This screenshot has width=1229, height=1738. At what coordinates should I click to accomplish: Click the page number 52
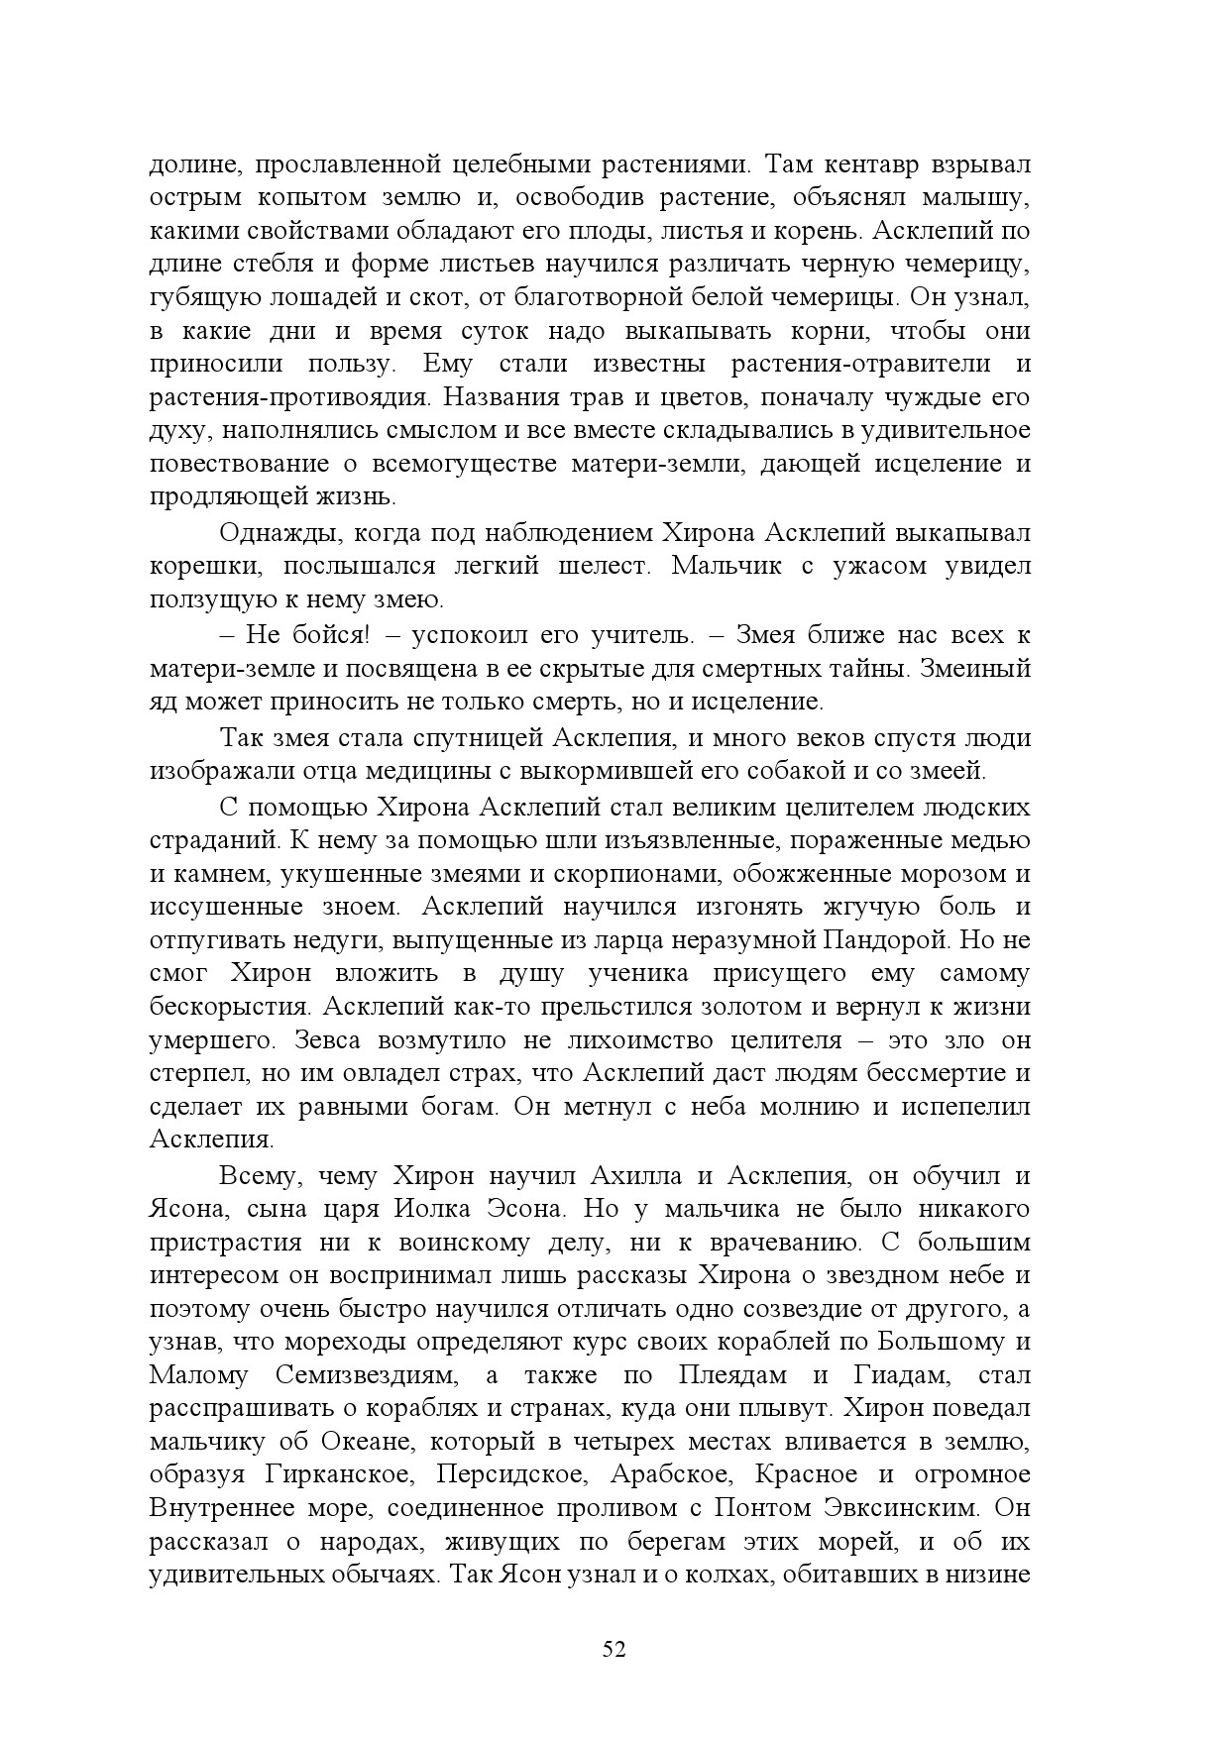(614, 1649)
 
